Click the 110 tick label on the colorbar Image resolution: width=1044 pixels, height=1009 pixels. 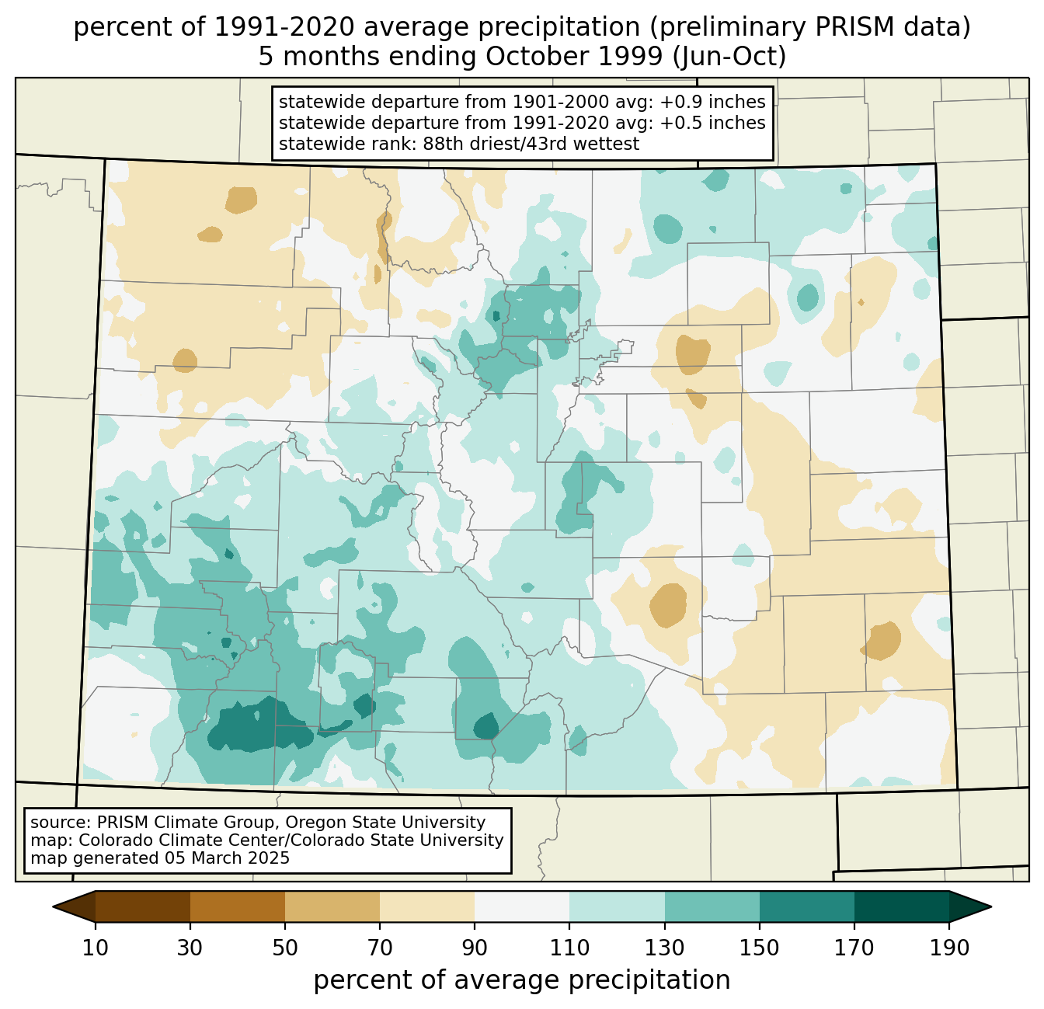569,948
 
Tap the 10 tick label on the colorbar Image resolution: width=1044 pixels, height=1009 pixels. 95,948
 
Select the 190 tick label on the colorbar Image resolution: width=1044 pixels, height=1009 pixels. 949,948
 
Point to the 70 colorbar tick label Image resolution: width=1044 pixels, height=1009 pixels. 380,948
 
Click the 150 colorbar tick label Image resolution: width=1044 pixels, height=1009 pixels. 759,948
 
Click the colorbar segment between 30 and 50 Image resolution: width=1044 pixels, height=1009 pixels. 237,906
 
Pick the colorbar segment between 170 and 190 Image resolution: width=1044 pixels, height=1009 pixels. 901,906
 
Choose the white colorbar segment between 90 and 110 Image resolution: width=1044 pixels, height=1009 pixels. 522,906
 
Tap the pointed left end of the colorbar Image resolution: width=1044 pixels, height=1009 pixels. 53,906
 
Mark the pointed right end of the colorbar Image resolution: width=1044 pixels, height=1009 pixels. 991,906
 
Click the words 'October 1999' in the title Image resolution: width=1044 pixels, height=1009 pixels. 574,57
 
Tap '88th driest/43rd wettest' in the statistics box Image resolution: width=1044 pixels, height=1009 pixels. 531,144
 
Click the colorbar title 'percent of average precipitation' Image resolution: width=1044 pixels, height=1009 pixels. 522,979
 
